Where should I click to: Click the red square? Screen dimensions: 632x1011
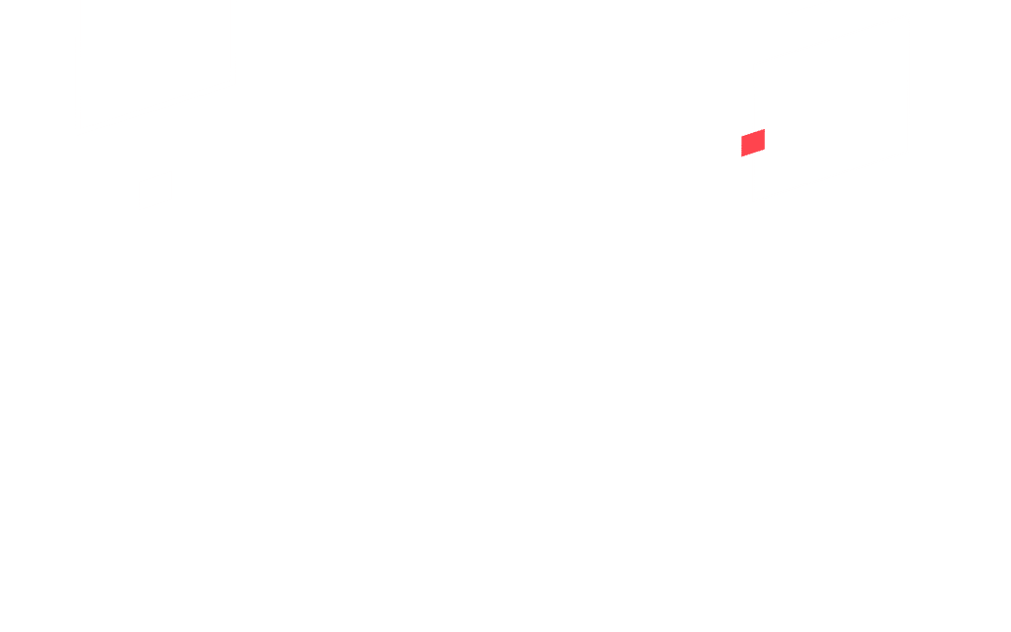[x=753, y=142]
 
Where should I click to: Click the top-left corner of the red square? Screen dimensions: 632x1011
[x=742, y=136]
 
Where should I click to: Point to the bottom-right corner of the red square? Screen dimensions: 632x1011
[x=765, y=149]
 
